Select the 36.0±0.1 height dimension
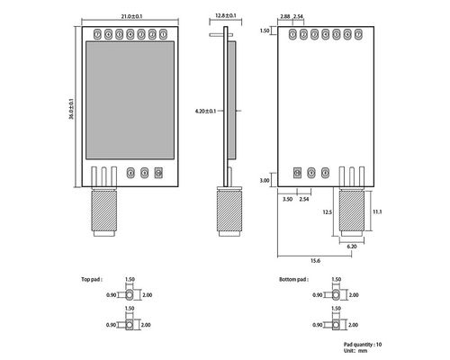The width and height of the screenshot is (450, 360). [71, 104]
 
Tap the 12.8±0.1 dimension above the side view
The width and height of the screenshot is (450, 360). [224, 16]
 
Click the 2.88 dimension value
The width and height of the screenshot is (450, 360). [285, 16]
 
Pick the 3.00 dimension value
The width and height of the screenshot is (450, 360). [264, 181]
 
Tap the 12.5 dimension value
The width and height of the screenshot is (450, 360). [328, 212]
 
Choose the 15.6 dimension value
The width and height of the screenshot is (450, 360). [315, 260]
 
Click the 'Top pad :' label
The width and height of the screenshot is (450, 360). [92, 280]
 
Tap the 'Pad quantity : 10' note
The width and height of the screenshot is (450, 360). [363, 344]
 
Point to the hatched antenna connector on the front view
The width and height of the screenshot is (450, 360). [103, 212]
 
